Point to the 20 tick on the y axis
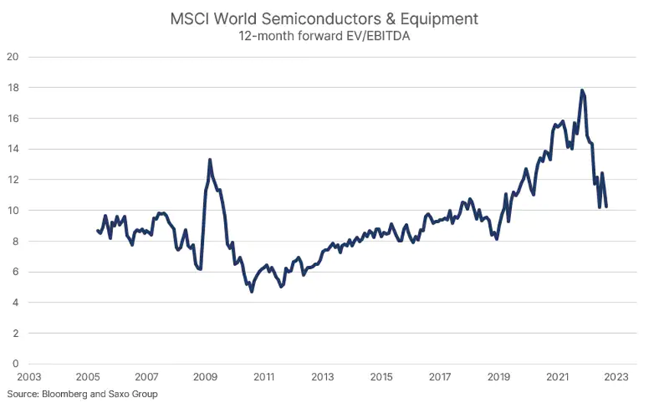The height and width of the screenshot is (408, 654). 12,57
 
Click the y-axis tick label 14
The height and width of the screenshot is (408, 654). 12,149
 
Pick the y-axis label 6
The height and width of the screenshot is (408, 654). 15,272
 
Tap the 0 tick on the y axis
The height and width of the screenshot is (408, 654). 15,364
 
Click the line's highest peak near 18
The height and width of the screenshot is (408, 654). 582,90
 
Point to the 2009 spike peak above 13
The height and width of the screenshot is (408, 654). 209,160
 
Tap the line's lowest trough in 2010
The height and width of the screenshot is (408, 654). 251,292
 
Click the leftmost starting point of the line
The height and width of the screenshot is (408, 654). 97,230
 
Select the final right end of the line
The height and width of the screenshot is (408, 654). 606,206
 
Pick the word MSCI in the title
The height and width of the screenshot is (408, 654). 189,19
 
